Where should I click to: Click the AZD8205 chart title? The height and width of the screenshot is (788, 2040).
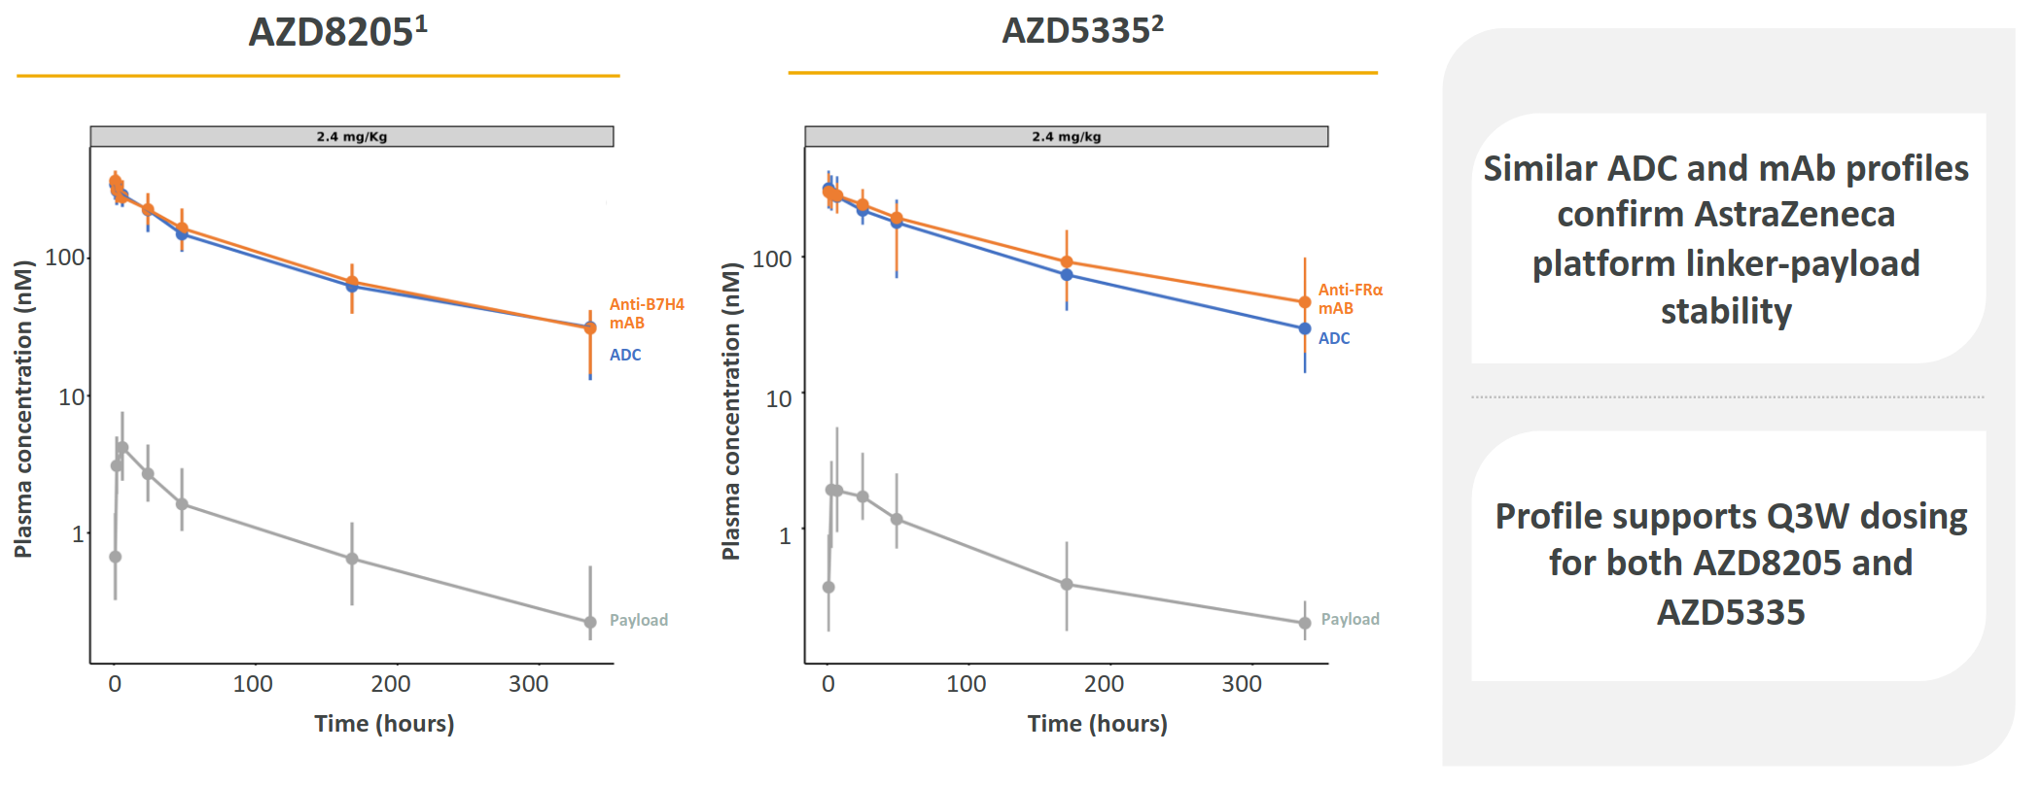click(337, 32)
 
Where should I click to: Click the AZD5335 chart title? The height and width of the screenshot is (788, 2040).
click(1082, 31)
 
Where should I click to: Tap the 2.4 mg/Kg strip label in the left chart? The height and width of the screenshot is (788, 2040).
click(351, 137)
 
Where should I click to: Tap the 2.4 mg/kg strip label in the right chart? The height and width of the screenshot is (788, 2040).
click(1066, 137)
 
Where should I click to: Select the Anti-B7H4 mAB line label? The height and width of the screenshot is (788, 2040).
click(646, 314)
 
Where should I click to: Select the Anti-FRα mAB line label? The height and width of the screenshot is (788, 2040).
click(1350, 299)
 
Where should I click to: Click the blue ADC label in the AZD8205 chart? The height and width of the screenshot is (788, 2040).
click(625, 356)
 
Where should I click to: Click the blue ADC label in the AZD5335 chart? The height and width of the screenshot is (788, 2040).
click(1334, 339)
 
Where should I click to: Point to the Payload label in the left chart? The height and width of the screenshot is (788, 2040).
click(638, 621)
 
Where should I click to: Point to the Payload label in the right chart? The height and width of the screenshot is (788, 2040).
click(1350, 620)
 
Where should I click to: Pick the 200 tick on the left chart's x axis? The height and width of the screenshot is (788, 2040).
click(391, 684)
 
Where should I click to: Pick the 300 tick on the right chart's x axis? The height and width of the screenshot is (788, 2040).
click(1242, 684)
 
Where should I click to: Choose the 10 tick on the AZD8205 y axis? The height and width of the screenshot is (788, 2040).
click(72, 397)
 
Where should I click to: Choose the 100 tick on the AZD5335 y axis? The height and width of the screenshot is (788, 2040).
click(772, 259)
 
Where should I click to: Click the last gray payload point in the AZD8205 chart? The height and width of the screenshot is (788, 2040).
click(590, 623)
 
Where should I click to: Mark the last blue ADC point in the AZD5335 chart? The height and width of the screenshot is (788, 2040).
click(1305, 329)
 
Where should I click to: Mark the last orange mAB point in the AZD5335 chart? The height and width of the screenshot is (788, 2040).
click(1305, 303)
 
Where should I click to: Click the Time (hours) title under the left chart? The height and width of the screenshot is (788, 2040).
click(384, 724)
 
